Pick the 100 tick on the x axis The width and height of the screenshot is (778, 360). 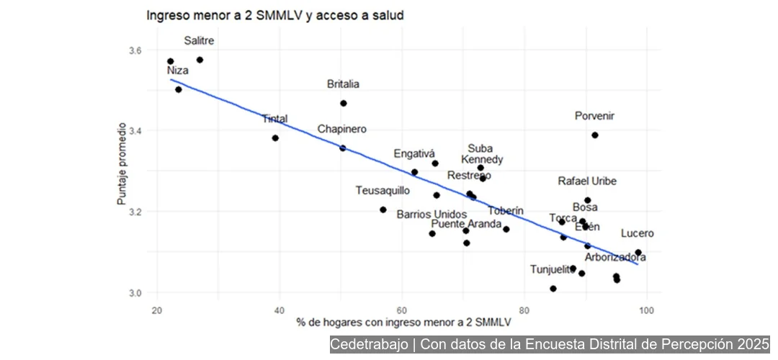[646, 310]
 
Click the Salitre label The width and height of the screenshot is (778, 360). [199, 41]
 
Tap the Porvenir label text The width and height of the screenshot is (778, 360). [594, 116]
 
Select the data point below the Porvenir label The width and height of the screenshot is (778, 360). [595, 135]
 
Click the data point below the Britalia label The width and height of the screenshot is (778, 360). [344, 103]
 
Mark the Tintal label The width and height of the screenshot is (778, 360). [274, 119]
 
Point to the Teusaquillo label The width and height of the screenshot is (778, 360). [383, 191]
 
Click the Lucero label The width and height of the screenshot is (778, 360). [638, 233]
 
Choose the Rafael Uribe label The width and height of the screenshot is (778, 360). [587, 181]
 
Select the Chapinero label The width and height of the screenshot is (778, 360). [342, 129]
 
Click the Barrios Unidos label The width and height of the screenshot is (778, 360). [432, 215]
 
